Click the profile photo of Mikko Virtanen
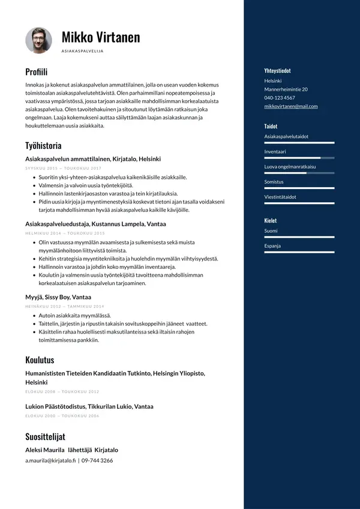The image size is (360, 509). pos(39,40)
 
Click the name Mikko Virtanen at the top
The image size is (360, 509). pos(101,37)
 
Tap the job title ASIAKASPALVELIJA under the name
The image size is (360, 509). pos(83,52)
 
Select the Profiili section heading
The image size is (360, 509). pos(36,72)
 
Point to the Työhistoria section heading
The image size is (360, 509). pos(43,145)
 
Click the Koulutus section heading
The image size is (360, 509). pos(40,360)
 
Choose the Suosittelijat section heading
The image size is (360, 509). pos(45,436)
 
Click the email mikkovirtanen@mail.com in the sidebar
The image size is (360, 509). pos(291,106)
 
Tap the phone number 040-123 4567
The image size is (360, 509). pos(280,98)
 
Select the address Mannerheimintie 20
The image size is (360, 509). pos(286,89)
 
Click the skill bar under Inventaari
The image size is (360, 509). pos(299,158)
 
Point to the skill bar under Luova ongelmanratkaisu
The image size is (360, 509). pos(299,173)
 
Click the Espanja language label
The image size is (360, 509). pos(272,245)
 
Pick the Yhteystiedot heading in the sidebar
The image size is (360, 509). pos(277,71)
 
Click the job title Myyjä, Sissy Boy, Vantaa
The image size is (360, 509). pos(58,297)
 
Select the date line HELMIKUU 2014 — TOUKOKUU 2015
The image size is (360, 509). pos(65,233)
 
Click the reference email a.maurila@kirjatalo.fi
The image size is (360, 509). pos(50,460)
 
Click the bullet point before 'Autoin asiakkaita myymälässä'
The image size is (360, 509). pos(34,315)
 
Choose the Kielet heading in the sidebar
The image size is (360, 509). pos(271,220)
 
